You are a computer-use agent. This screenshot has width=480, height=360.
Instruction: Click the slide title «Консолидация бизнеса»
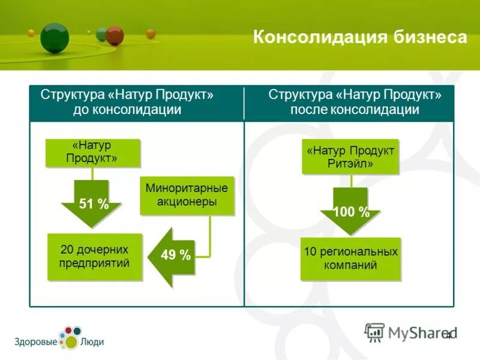pyautogui.click(x=359, y=37)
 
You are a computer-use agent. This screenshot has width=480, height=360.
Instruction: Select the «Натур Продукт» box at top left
pyautogui.click(x=93, y=152)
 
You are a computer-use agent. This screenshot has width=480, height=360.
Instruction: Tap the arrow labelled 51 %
pyautogui.click(x=92, y=204)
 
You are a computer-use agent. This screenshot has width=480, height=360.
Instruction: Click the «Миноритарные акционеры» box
pyautogui.click(x=187, y=196)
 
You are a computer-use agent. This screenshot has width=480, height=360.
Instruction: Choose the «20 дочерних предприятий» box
pyautogui.click(x=95, y=256)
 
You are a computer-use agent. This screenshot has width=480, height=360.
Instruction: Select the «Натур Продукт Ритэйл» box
pyautogui.click(x=350, y=157)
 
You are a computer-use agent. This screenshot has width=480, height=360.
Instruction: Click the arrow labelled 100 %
pyautogui.click(x=351, y=212)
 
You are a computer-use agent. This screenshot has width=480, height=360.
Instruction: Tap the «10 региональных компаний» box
pyautogui.click(x=350, y=259)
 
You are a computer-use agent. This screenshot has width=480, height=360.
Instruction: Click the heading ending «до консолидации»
pyautogui.click(x=127, y=103)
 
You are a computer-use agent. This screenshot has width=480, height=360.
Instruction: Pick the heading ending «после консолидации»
pyautogui.click(x=355, y=103)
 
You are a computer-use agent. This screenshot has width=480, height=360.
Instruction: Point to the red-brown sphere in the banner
pyautogui.click(x=114, y=35)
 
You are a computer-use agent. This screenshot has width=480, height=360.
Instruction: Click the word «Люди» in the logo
pyautogui.click(x=92, y=342)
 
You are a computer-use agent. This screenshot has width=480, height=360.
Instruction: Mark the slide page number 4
pyautogui.click(x=448, y=335)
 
